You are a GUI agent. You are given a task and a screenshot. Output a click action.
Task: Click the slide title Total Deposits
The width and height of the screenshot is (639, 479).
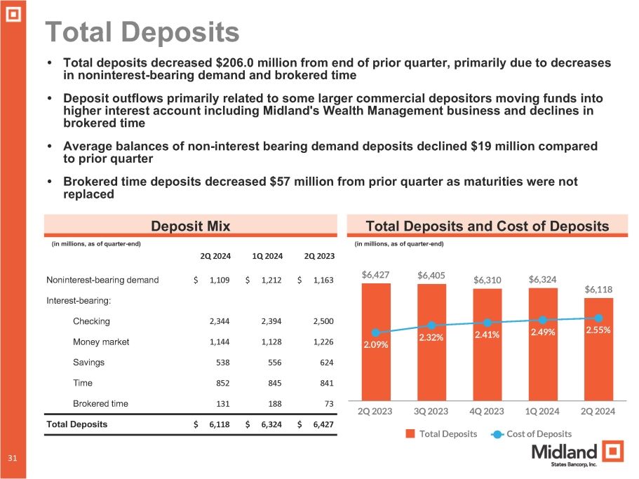(x=142, y=32)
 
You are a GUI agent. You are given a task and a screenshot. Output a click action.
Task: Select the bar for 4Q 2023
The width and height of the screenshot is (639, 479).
(x=487, y=351)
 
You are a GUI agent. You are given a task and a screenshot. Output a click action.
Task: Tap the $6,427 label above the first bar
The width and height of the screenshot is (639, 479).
(x=376, y=276)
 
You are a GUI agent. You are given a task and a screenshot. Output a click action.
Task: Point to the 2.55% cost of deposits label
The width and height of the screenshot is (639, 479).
(x=598, y=328)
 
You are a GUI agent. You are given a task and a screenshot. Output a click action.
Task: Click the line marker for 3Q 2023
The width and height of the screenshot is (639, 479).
(x=431, y=325)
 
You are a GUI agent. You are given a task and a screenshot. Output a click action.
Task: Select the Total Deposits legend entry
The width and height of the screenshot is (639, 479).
(x=443, y=434)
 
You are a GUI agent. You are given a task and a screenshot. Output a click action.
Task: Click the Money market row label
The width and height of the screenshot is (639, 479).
(x=101, y=342)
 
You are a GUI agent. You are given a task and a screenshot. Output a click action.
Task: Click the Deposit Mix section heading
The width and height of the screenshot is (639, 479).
(x=191, y=225)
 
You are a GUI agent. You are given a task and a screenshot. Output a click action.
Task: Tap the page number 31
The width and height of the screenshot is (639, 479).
(x=13, y=457)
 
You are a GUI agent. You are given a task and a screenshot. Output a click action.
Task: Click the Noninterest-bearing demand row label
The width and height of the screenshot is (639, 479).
(x=102, y=280)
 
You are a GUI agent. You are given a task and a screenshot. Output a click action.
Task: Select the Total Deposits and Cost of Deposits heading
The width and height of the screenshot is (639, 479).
(x=487, y=225)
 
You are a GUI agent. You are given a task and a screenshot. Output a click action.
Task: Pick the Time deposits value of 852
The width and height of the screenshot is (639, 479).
(x=220, y=383)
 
